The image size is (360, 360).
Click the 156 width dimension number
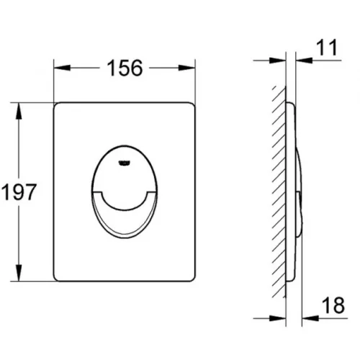click(125, 68)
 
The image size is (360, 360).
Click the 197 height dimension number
click(19, 192)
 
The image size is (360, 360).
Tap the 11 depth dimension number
click(327, 48)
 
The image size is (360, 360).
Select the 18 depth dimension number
click(333, 305)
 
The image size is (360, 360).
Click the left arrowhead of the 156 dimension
click(62, 68)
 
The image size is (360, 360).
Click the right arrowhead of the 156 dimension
click(186, 68)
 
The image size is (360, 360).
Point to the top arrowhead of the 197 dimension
click(19, 111)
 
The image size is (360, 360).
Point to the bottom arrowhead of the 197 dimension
click(19, 272)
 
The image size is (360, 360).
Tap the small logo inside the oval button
click(124, 163)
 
